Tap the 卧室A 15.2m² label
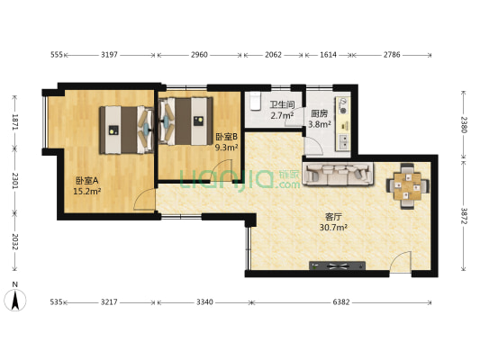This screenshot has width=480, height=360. (87, 185)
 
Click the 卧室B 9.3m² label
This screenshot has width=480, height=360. (226, 141)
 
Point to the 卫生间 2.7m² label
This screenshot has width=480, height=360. (280, 110)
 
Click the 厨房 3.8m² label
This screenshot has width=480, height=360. (320, 120)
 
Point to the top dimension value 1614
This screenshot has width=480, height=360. (329, 55)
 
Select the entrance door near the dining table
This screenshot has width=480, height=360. (402, 262)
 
